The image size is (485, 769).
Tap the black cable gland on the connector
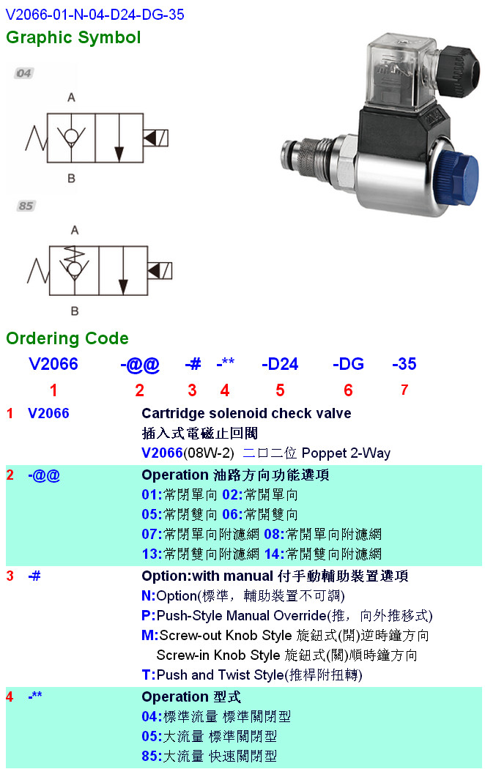[457, 70]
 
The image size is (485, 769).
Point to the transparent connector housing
[399, 73]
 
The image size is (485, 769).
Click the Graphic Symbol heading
[73, 38]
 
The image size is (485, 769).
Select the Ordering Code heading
[67, 338]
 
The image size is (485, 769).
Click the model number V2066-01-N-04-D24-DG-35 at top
[95, 14]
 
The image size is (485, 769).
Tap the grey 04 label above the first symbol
[23, 73]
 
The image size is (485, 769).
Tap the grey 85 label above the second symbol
[26, 206]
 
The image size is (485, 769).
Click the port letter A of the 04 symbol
[71, 97]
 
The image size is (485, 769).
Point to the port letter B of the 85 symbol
[75, 311]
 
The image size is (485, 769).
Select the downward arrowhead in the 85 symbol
[123, 287]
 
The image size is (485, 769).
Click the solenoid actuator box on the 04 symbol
[155, 138]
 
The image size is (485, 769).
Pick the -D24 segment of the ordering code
[280, 364]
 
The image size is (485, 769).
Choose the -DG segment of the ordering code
[348, 364]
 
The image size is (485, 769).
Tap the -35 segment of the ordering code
[404, 364]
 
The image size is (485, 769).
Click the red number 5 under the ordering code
[280, 390]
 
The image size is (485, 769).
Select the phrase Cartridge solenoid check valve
[246, 414]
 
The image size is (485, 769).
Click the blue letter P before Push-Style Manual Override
[146, 615]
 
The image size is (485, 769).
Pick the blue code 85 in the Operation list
[149, 757]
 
